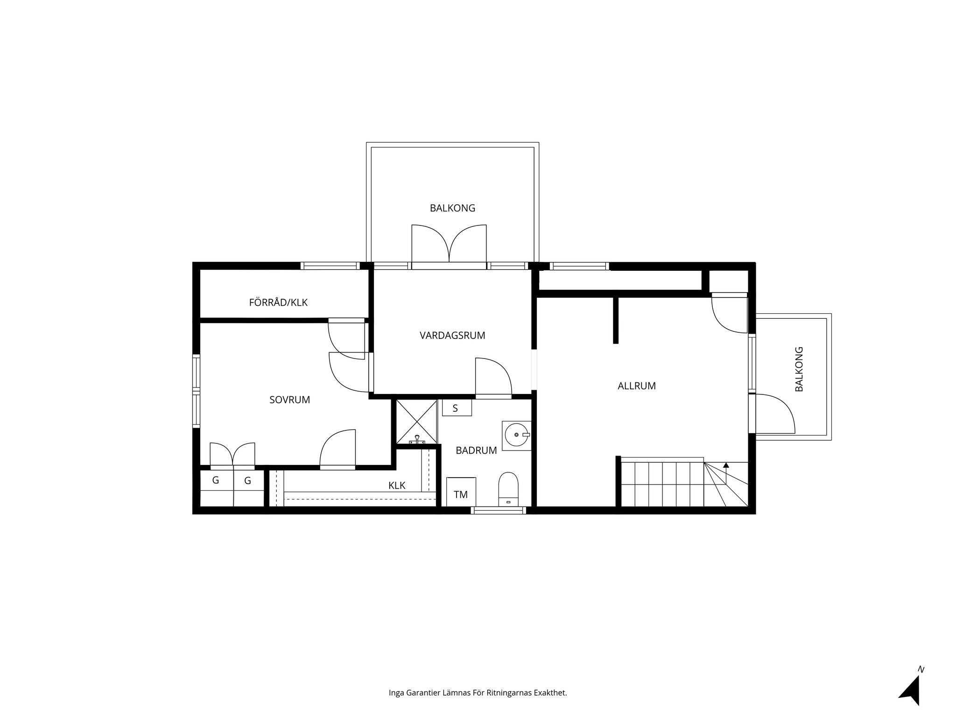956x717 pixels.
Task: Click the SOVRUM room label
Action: click(289, 400)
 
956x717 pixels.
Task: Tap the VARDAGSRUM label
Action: click(452, 335)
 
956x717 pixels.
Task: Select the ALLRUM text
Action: click(637, 386)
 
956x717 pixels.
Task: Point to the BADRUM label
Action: click(476, 450)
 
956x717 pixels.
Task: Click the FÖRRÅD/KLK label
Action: click(278, 302)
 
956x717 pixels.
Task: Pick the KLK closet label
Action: click(397, 485)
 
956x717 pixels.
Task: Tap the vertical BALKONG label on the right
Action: click(799, 369)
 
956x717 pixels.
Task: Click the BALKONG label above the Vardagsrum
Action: click(452, 208)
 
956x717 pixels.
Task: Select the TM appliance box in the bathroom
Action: click(461, 492)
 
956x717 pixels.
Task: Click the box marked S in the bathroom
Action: click(457, 408)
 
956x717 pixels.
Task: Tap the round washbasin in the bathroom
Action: click(517, 435)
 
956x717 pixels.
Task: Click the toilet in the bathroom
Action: click(508, 489)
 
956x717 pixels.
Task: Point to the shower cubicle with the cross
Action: click(417, 422)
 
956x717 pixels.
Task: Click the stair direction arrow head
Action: click(726, 465)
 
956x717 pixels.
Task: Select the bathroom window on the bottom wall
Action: click(499, 511)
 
